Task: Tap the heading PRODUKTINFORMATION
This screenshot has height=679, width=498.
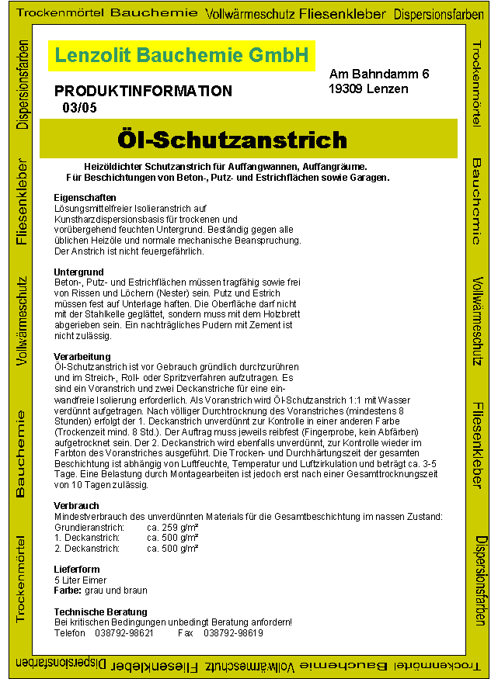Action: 143,91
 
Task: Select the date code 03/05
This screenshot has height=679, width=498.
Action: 79,108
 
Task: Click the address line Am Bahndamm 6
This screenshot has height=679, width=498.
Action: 379,74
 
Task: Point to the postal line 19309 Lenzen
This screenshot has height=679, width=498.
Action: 369,88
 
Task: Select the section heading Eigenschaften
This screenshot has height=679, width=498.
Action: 85,198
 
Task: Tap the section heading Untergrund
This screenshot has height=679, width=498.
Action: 78,272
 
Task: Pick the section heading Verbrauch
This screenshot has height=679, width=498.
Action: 76,506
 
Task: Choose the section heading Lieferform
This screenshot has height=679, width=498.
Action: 77,570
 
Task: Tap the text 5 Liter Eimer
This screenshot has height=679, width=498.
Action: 81,580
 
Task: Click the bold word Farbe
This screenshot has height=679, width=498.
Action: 68,591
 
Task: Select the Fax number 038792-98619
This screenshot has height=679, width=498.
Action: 233,633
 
